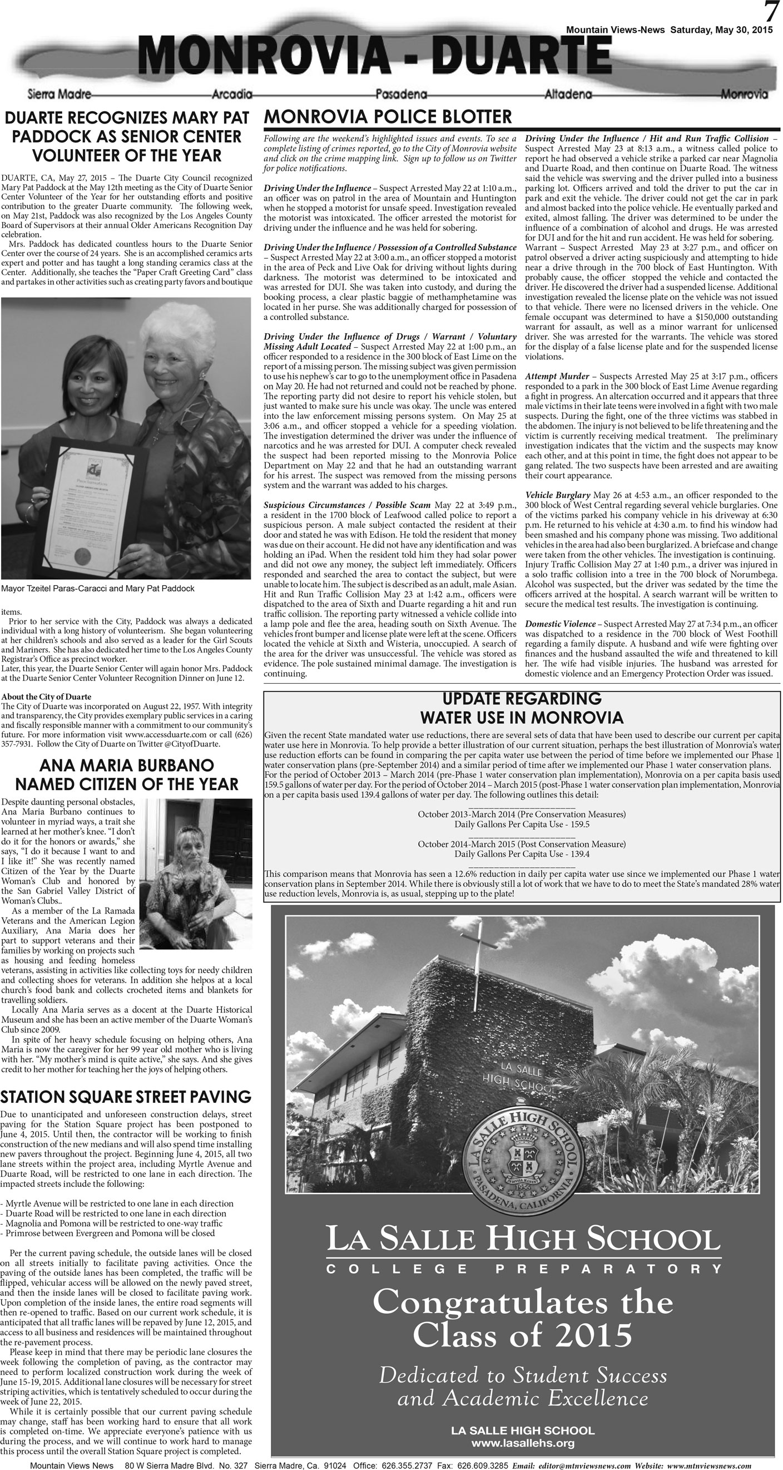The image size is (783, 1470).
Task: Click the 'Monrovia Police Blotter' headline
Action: [x=388, y=117]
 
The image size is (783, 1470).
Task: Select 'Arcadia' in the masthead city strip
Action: [x=231, y=94]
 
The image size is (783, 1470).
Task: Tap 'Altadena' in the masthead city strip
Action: [x=568, y=94]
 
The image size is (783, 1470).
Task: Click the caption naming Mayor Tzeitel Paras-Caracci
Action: [x=97, y=588]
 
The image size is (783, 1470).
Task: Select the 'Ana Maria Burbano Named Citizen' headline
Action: [x=126, y=775]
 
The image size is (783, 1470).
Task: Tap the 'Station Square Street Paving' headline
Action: [x=126, y=1097]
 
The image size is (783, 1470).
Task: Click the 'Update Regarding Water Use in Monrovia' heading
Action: [x=521, y=708]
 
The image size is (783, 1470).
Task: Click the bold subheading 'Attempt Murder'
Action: [x=557, y=376]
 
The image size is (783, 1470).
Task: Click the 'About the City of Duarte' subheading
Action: [x=46, y=697]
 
